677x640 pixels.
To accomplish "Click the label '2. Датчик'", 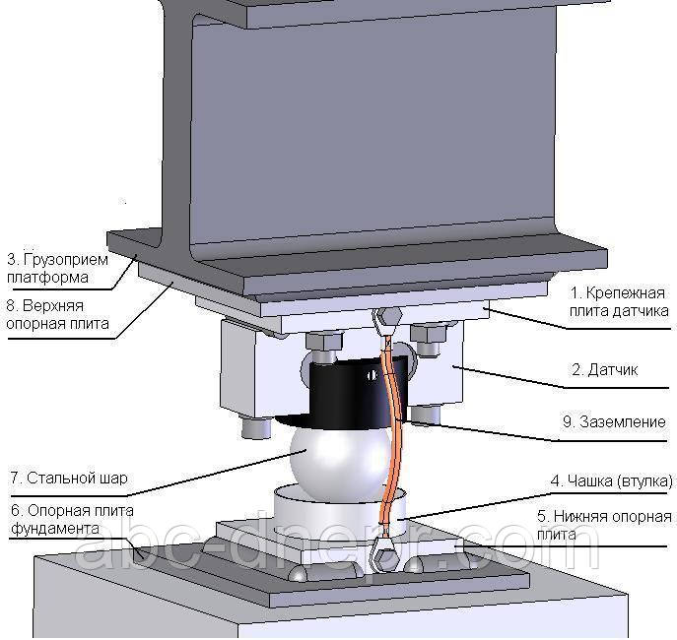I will click(x=605, y=371).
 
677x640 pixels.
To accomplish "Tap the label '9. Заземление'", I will click(x=615, y=421).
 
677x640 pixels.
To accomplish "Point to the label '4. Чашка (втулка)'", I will click(x=611, y=481).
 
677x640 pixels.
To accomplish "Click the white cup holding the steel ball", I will click(x=315, y=512).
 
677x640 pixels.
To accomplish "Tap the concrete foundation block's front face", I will click(x=296, y=615).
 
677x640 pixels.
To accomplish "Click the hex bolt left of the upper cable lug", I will click(x=324, y=342).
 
